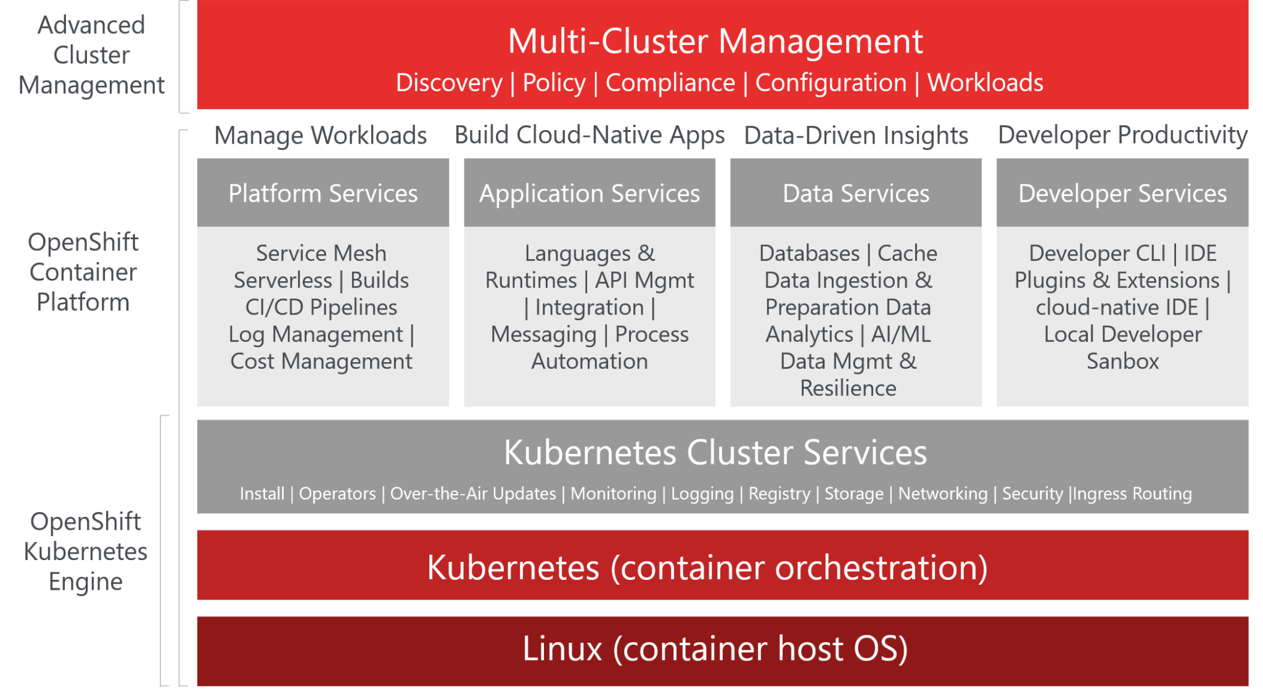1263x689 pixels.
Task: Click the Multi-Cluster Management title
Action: (715, 41)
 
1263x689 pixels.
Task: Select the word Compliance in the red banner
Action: (670, 83)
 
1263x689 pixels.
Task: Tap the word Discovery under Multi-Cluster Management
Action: (449, 83)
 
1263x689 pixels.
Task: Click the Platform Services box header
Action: (323, 193)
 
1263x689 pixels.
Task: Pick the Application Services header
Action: (590, 193)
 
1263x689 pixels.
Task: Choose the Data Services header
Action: (855, 193)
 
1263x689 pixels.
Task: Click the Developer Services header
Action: (1122, 193)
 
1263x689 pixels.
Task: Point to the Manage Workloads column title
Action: (320, 135)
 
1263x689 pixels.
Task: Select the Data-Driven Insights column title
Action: (855, 135)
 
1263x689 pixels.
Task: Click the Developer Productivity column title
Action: (1122, 135)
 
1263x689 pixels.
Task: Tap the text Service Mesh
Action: (321, 253)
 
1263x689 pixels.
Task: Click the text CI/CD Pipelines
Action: (321, 307)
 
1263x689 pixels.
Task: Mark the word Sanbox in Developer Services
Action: (1122, 361)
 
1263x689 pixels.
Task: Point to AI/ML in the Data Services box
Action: (900, 334)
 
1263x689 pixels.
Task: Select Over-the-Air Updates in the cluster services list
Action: (472, 493)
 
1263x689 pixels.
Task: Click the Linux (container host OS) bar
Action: (715, 649)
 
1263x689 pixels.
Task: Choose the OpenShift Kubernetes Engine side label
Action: (85, 551)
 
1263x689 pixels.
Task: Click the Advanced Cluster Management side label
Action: (91, 55)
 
